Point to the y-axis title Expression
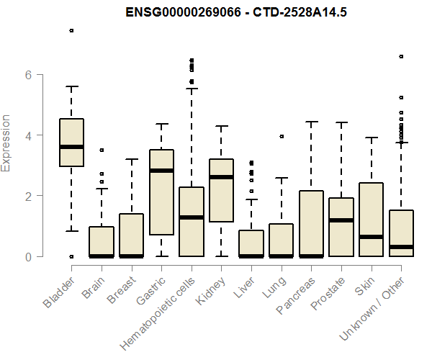click(x=7, y=143)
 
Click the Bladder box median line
click(x=71, y=147)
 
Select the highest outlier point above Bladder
click(x=71, y=30)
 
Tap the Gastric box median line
click(x=161, y=171)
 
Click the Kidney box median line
click(x=221, y=177)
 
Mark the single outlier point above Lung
click(x=282, y=136)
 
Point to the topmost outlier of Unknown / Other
click(x=401, y=56)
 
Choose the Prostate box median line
click(x=341, y=220)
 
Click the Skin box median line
click(x=372, y=237)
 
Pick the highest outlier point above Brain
click(x=102, y=150)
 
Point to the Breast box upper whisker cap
click(x=131, y=159)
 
